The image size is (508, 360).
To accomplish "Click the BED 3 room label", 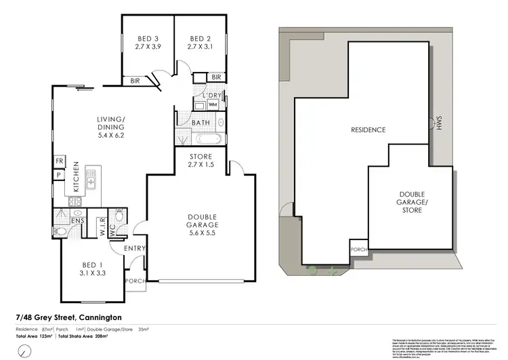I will click(147, 38).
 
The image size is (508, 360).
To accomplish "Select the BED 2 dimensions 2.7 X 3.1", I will click(200, 47).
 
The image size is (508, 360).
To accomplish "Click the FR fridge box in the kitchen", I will click(60, 162).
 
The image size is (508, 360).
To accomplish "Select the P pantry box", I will click(60, 174).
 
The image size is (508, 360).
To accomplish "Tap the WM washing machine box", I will click(213, 105).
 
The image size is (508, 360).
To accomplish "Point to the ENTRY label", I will click(135, 249).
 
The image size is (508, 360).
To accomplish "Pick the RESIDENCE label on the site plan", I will click(368, 129).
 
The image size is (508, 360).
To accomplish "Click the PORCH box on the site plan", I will click(358, 249).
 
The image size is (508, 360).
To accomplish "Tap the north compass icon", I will click(25, 351).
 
